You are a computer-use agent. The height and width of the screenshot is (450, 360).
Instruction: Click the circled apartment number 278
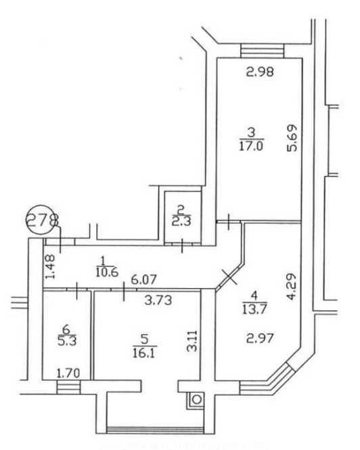(x=42, y=220)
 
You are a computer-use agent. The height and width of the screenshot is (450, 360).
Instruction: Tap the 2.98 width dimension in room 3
(x=260, y=72)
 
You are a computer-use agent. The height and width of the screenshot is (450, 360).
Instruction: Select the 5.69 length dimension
(x=292, y=138)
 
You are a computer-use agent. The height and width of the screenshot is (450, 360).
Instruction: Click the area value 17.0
(x=251, y=146)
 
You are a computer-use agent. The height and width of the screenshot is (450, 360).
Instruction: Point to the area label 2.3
(x=182, y=221)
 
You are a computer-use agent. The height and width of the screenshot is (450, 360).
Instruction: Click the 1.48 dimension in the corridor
(x=50, y=267)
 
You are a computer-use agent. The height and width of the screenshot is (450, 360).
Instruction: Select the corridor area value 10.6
(x=107, y=272)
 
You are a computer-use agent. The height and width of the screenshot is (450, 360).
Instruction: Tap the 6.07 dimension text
(x=144, y=279)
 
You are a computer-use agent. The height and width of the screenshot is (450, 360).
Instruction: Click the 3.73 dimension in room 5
(x=158, y=300)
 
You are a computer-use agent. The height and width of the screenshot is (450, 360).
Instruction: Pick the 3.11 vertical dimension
(x=192, y=341)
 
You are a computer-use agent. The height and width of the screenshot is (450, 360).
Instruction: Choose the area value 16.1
(x=144, y=353)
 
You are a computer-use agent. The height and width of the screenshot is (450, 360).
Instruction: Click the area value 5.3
(x=66, y=341)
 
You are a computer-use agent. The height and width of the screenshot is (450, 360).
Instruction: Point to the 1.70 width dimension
(x=68, y=374)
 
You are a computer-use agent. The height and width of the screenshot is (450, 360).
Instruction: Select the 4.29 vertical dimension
(x=291, y=287)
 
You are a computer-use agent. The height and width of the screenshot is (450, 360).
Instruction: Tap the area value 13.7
(x=254, y=309)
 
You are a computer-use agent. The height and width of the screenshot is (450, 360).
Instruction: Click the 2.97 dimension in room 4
(x=260, y=338)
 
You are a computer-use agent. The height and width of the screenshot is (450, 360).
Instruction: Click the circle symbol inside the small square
(x=197, y=399)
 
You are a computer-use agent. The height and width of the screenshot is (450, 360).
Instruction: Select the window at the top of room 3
(x=262, y=51)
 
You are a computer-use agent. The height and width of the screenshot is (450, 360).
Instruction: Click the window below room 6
(x=68, y=387)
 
